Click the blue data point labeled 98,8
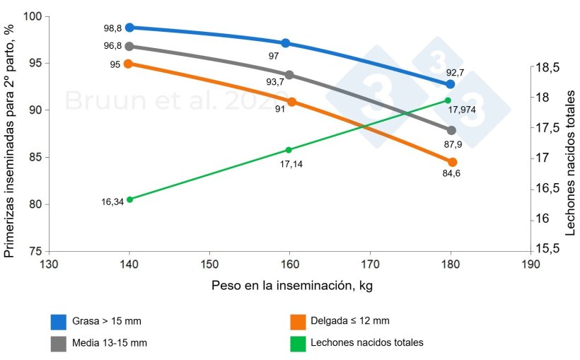point(129,28)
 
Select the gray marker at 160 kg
point(289,74)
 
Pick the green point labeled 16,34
point(129,199)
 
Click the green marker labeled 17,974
point(448,100)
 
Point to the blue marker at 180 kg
point(451,83)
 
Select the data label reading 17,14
point(291,163)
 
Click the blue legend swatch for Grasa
point(59,322)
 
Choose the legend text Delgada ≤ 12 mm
point(349,322)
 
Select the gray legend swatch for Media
point(59,342)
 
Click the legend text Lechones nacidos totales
point(366,342)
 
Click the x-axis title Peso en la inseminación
point(291,286)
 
